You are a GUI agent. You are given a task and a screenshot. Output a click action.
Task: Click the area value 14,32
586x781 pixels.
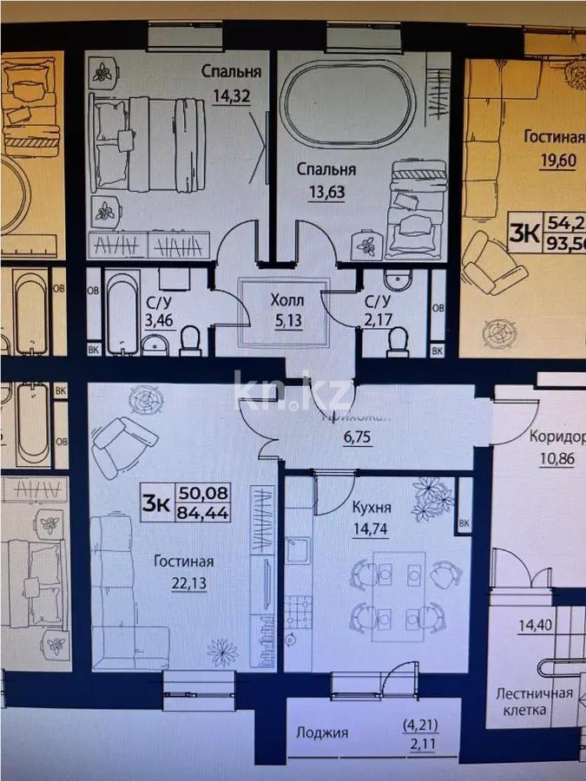230,96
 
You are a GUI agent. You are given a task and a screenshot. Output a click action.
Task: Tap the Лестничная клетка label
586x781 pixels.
534,701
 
